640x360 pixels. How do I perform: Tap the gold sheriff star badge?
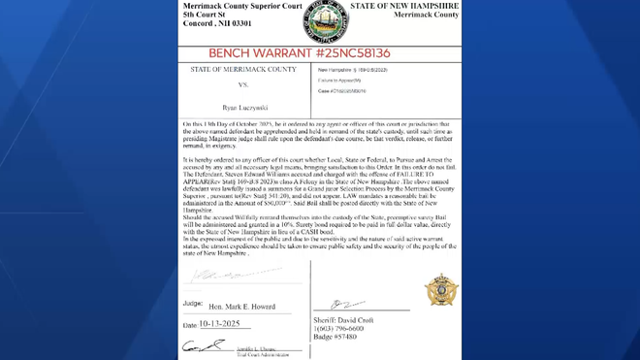[441, 289]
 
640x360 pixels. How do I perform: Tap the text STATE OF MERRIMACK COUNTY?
[243, 70]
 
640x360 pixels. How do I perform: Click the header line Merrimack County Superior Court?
[242, 6]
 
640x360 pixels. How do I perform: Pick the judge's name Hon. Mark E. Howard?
[242, 307]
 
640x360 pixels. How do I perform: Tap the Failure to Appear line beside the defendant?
[338, 79]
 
